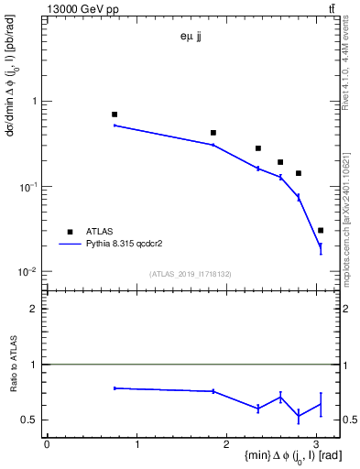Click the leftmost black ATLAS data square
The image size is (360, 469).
pos(115,115)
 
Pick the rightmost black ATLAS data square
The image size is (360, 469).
pos(321,230)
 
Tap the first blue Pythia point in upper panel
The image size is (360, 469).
pos(115,125)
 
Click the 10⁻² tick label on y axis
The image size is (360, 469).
pos(28,272)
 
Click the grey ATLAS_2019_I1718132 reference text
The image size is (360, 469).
pos(190,274)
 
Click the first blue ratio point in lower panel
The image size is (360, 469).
pos(115,388)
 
